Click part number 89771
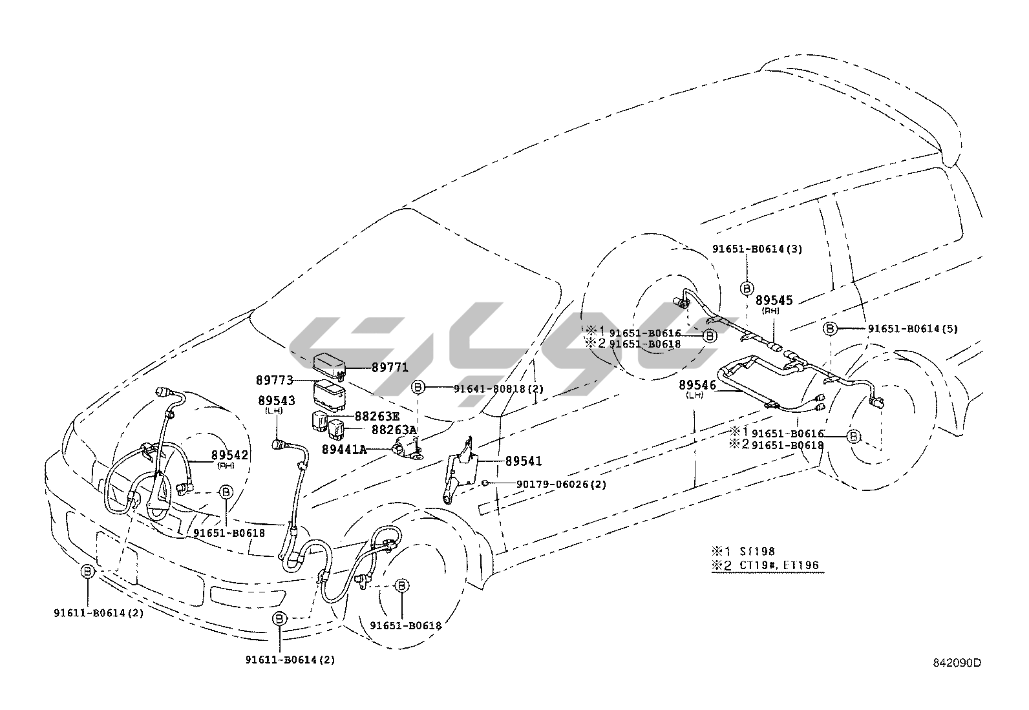click(x=390, y=368)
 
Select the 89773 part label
click(x=275, y=381)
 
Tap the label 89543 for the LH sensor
click(x=276, y=401)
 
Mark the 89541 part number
click(x=523, y=461)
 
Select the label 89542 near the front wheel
click(x=230, y=455)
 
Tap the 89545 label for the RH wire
click(x=774, y=301)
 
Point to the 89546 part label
click(x=697, y=386)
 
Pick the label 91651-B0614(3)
click(x=757, y=249)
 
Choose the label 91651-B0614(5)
click(x=912, y=329)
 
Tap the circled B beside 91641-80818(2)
click(x=419, y=388)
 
